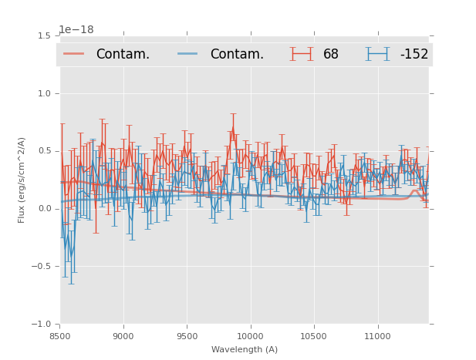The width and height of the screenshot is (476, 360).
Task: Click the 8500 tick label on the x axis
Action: click(x=59, y=335)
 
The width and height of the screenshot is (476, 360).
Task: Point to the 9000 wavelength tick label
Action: click(x=123, y=335)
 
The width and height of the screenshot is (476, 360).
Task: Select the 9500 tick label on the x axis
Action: click(x=187, y=335)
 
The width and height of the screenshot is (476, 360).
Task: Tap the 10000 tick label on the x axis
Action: click(x=250, y=335)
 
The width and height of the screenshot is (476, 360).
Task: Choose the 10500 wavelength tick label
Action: click(x=314, y=335)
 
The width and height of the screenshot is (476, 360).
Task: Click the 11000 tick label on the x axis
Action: click(x=377, y=335)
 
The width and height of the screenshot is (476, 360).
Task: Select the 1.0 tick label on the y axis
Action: click(x=46, y=93)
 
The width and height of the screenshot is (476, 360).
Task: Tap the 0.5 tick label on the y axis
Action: click(x=46, y=151)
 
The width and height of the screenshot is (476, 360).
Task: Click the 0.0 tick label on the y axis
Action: click(x=46, y=209)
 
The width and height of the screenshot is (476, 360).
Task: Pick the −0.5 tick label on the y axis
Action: click(x=43, y=267)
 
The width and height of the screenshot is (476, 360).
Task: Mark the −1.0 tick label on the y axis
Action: click(x=43, y=325)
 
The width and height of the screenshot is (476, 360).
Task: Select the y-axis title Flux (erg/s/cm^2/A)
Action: click(x=22, y=180)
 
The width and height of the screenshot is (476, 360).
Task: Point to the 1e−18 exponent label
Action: click(x=76, y=29)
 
